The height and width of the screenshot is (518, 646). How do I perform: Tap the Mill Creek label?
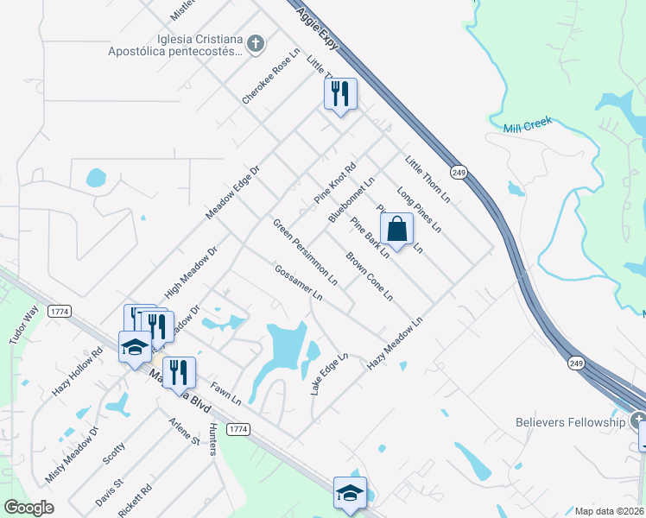tap(527, 126)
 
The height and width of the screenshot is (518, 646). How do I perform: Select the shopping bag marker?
tap(396, 231)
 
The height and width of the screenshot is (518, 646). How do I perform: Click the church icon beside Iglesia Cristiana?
tap(255, 43)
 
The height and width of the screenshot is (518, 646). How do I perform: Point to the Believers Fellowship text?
tap(570, 422)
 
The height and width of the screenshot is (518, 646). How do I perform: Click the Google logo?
tap(29, 508)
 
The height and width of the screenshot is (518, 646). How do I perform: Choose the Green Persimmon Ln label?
tap(305, 252)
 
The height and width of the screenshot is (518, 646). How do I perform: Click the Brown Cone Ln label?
tap(370, 276)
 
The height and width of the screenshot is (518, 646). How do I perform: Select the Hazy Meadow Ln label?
tap(395, 344)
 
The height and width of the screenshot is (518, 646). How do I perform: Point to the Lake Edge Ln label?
tap(329, 374)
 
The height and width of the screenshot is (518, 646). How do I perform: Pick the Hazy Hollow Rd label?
tap(77, 372)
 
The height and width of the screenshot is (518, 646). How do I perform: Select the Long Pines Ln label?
tap(419, 211)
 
